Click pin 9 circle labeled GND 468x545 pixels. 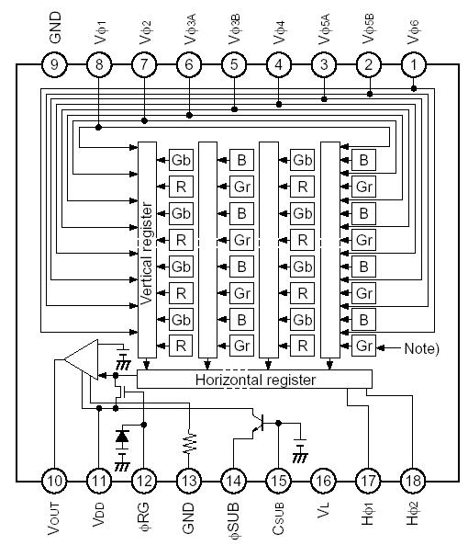[55, 64]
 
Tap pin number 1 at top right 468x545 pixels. [414, 64]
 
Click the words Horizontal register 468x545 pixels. [256, 380]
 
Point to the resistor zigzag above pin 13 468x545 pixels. [189, 443]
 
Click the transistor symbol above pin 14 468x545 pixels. [260, 424]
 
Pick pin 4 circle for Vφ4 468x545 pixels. [279, 64]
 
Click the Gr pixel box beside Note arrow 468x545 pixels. [363, 346]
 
